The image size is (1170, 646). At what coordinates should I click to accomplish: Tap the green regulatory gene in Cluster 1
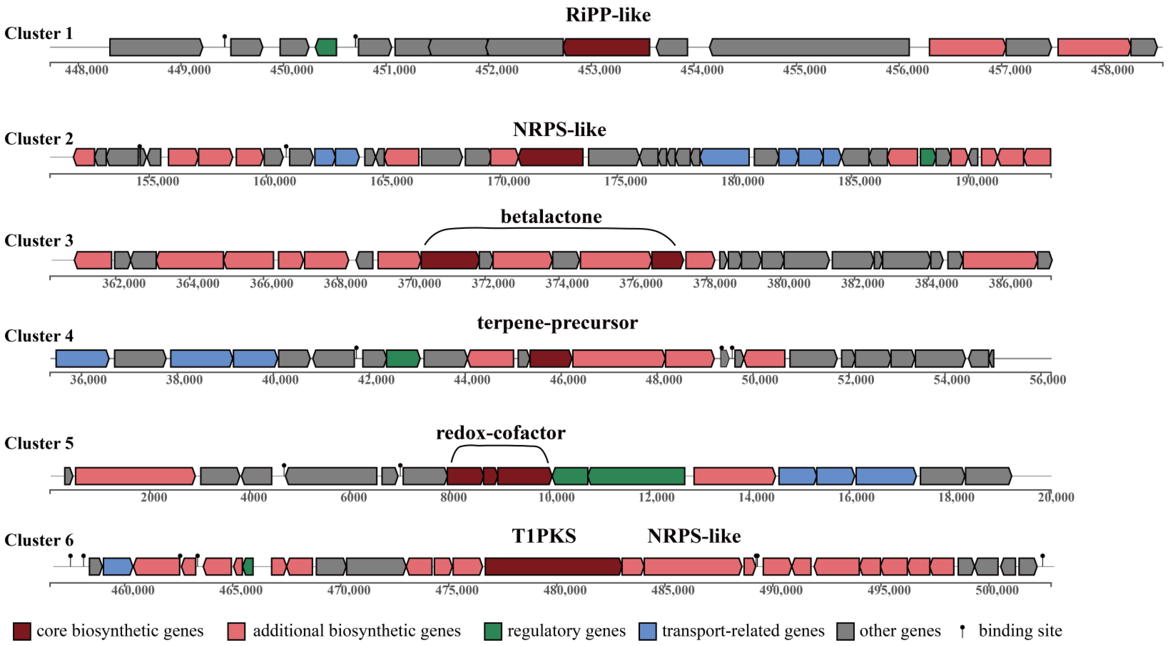326,47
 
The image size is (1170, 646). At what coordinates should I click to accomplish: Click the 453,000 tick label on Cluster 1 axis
599,70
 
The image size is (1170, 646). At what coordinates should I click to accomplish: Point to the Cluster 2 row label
39,138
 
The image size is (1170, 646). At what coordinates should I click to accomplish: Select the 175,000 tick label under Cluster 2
625,181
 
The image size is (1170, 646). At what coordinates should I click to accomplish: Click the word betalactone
551,217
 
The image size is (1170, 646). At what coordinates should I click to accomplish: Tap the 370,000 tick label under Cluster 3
419,283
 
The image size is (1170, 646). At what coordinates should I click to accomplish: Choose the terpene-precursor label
557,323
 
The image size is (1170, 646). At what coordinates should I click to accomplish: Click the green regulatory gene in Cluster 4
403,358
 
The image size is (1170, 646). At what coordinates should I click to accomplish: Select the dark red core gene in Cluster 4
550,358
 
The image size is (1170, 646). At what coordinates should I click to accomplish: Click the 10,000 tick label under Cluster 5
556,497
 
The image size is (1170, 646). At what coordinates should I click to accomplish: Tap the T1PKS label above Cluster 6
544,536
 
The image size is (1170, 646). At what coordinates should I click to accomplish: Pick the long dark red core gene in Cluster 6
553,567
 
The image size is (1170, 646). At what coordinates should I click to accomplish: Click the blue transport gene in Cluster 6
118,567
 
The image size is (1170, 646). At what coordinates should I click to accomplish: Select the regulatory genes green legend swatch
493,631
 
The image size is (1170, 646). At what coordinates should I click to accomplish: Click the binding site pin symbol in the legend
962,631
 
